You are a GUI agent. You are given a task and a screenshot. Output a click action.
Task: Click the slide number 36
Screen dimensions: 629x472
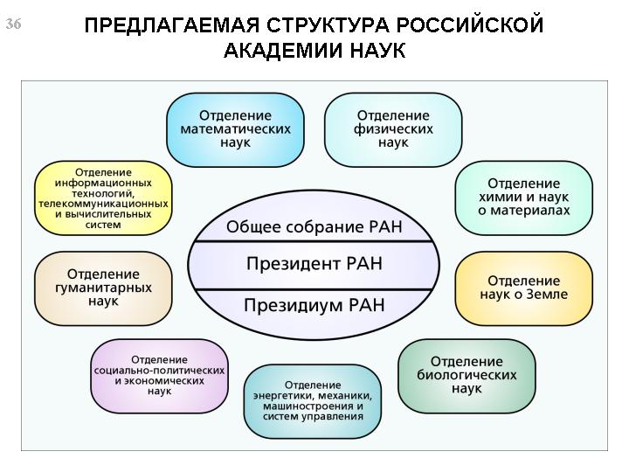click(x=13, y=24)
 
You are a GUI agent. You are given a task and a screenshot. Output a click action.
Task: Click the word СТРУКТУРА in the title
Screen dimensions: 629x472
click(x=327, y=25)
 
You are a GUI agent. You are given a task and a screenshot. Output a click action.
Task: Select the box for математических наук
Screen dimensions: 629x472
click(x=236, y=129)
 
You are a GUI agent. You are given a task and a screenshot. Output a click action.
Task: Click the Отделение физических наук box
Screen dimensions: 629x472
click(x=393, y=129)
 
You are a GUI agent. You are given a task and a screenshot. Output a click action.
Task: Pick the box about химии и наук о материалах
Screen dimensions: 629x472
click(x=524, y=198)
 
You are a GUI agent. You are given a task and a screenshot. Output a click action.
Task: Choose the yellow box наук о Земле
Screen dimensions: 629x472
click(x=524, y=288)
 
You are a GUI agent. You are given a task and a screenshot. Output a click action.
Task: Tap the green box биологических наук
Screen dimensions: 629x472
click(x=467, y=376)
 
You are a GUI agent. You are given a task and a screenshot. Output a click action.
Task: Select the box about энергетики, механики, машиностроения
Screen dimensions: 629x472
click(x=313, y=401)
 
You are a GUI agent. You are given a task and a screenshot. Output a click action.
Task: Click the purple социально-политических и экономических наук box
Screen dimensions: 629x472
click(x=159, y=376)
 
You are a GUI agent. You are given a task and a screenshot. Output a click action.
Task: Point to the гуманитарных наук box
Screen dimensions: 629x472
click(x=103, y=288)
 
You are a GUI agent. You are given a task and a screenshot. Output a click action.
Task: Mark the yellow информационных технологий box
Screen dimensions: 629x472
click(x=103, y=198)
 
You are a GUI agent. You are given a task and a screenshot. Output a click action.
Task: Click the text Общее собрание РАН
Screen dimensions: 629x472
click(x=314, y=226)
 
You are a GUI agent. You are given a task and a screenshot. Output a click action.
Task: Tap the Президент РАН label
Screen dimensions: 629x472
click(x=314, y=264)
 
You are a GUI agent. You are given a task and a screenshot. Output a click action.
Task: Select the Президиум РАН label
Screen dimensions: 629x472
click(x=314, y=305)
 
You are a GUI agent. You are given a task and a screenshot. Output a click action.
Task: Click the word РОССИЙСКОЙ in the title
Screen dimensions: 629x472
click(x=470, y=24)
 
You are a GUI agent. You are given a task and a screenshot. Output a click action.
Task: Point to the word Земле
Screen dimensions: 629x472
click(x=547, y=295)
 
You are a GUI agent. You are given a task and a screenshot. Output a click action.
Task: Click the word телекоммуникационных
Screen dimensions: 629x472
click(x=103, y=204)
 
